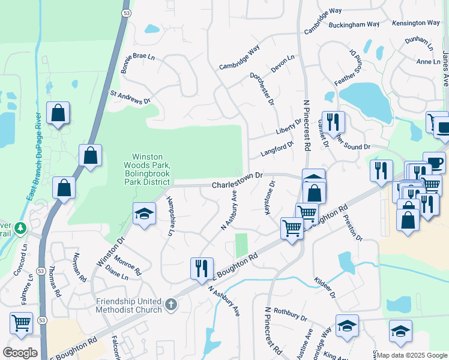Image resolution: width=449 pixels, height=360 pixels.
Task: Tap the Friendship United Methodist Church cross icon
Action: click(171, 305)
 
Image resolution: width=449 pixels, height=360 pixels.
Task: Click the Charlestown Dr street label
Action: click(238, 181)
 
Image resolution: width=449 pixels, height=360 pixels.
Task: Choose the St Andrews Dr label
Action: click(130, 97)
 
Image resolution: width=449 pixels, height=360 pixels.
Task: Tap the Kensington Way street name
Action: click(416, 23)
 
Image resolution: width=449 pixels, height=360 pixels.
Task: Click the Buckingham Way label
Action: click(354, 25)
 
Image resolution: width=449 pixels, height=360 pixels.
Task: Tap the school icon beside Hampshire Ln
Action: click(143, 215)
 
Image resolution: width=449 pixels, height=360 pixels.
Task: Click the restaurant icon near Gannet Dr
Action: click(333, 122)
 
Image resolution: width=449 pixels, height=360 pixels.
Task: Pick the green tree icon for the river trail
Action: click(20, 228)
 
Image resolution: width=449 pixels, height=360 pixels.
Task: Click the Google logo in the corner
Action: click(20, 353)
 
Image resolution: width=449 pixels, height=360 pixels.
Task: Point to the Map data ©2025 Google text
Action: click(412, 355)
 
